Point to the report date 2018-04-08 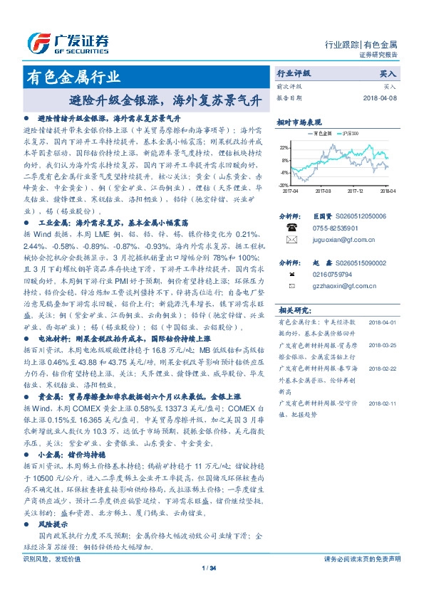(x=379, y=97)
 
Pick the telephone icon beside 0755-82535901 (x=291, y=228)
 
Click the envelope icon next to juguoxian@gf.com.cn (x=291, y=242)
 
